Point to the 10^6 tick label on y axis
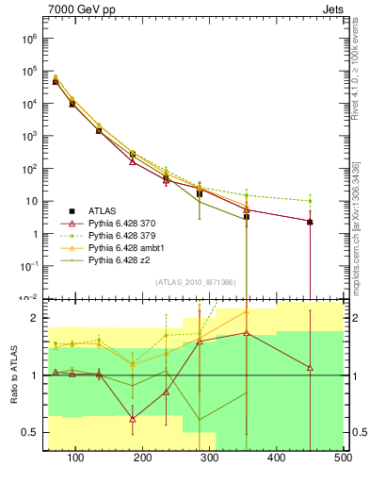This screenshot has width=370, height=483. [27, 40]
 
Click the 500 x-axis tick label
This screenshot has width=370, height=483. [343, 458]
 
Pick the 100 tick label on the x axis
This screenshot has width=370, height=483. [76, 458]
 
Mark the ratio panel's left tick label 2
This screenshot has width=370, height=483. [32, 318]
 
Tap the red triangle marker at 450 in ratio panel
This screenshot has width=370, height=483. [310, 368]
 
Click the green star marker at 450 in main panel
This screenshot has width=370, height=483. [310, 201]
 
